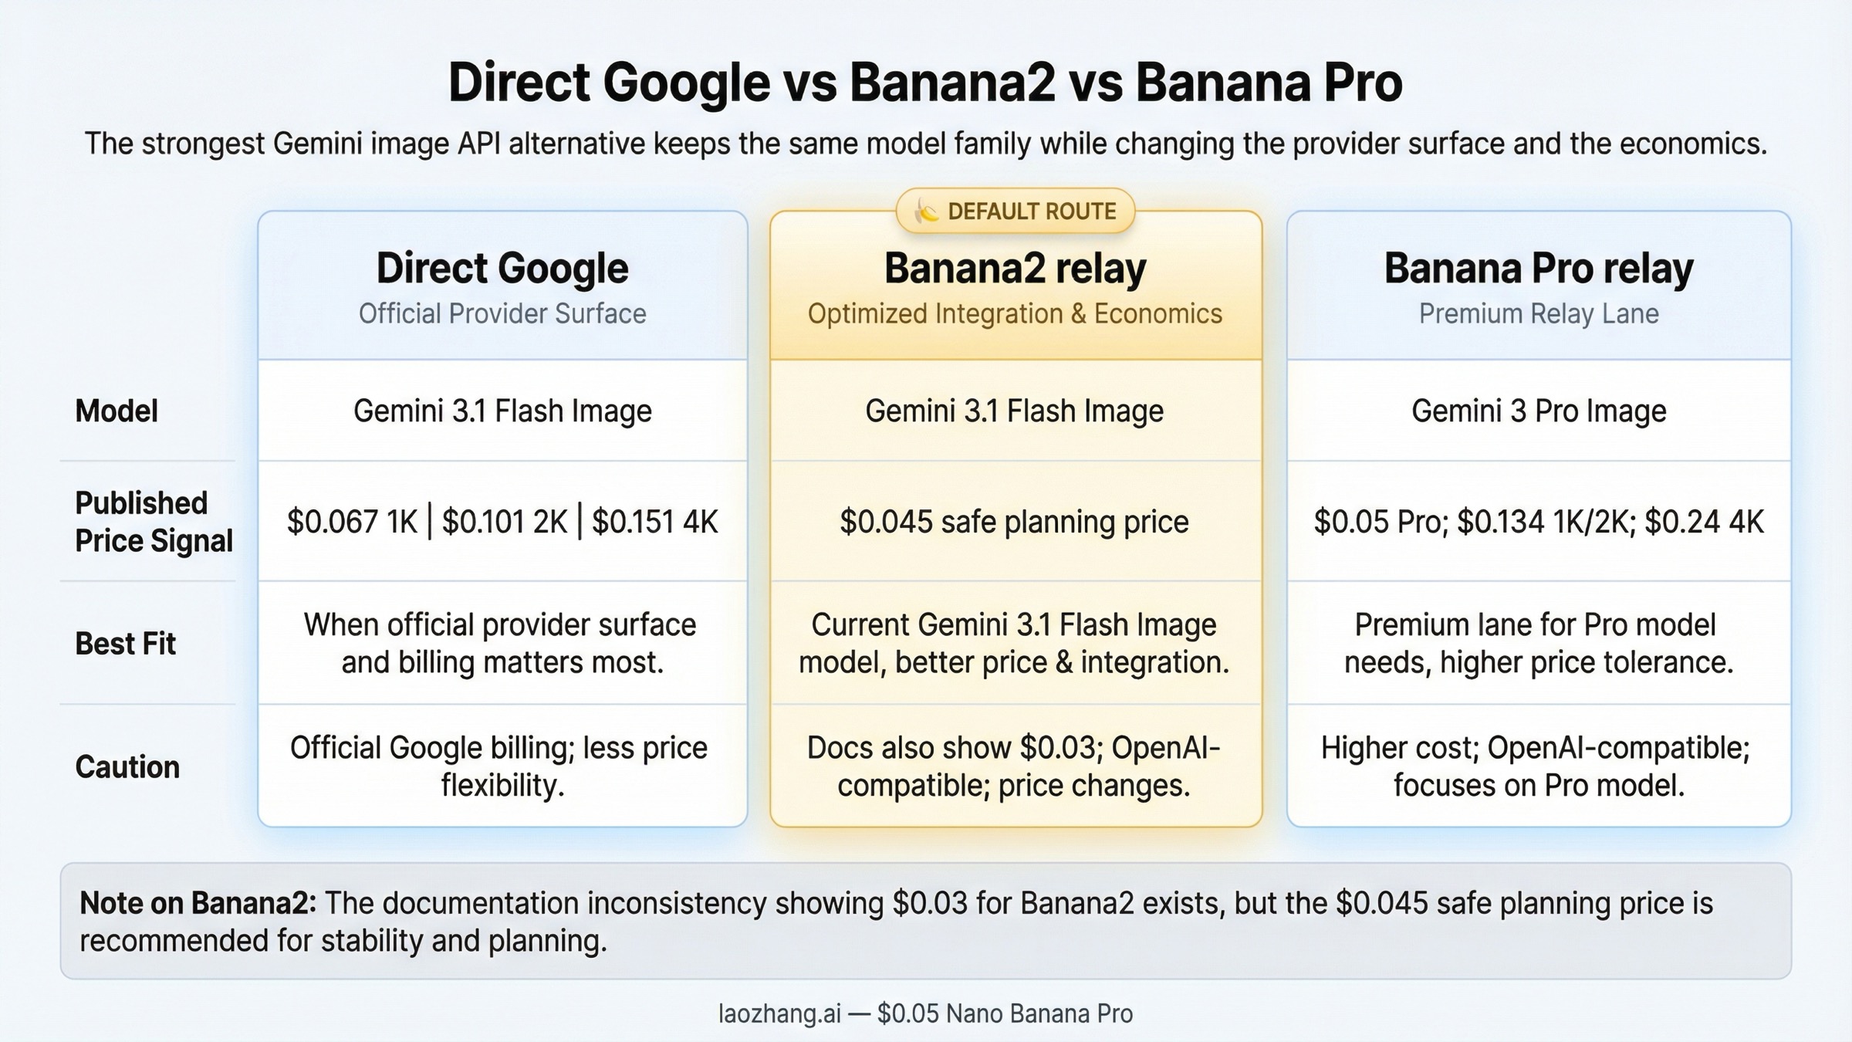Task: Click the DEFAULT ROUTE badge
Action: click(1016, 211)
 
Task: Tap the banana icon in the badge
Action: click(926, 210)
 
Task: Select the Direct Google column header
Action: click(502, 269)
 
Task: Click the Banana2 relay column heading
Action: click(1015, 269)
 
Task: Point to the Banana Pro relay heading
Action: click(1538, 269)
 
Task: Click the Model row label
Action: click(117, 411)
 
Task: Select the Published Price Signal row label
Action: click(153, 522)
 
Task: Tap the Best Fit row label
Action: click(125, 643)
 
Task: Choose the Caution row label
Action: click(127, 766)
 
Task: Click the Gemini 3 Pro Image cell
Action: click(1538, 411)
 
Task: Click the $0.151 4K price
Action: click(654, 522)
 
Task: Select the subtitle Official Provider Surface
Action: click(502, 313)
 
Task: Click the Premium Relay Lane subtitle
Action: click(1538, 313)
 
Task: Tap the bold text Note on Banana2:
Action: click(198, 902)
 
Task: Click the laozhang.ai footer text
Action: click(779, 1013)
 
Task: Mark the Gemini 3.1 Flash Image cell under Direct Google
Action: click(502, 411)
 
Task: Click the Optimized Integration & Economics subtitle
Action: click(1015, 313)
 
